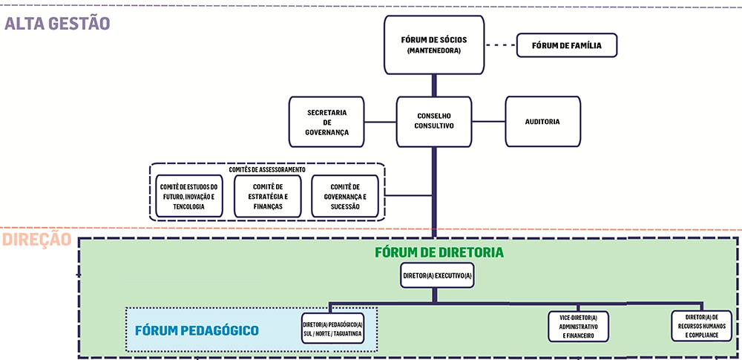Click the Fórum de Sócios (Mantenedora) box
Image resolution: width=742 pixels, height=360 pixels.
pyautogui.click(x=434, y=45)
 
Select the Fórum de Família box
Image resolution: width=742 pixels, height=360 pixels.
pyautogui.click(x=566, y=45)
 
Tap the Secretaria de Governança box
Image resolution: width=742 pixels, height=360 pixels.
pyautogui.click(x=326, y=122)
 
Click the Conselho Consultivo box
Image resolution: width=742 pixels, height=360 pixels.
pyautogui.click(x=434, y=122)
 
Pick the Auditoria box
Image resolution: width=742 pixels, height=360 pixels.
pyautogui.click(x=543, y=122)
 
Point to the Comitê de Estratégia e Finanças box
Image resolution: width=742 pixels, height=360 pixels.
pyautogui.click(x=267, y=196)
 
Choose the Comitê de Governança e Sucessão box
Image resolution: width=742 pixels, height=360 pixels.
pyautogui.click(x=345, y=196)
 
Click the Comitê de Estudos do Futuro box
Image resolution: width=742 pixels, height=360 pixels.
pyautogui.click(x=188, y=196)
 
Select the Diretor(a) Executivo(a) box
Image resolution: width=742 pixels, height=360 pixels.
pyautogui.click(x=437, y=275)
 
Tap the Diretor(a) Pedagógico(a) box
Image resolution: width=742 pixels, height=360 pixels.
pyautogui.click(x=332, y=328)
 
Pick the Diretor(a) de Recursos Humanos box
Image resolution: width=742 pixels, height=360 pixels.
pyautogui.click(x=701, y=326)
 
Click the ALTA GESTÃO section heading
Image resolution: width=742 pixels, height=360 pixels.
pyautogui.click(x=57, y=23)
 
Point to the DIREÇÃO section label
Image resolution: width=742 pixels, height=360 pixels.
pyautogui.click(x=37, y=239)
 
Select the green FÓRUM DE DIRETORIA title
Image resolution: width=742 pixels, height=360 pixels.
pyautogui.click(x=439, y=252)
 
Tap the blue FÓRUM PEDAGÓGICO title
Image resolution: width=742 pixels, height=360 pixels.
pyautogui.click(x=197, y=330)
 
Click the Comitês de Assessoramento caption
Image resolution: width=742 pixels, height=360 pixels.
pyautogui.click(x=267, y=169)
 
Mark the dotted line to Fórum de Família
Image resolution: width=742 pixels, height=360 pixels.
pyautogui.click(x=501, y=45)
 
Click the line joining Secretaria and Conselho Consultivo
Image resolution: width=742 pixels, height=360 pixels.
pyautogui.click(x=381, y=122)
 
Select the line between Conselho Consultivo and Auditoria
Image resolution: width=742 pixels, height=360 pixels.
pyautogui.click(x=488, y=122)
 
